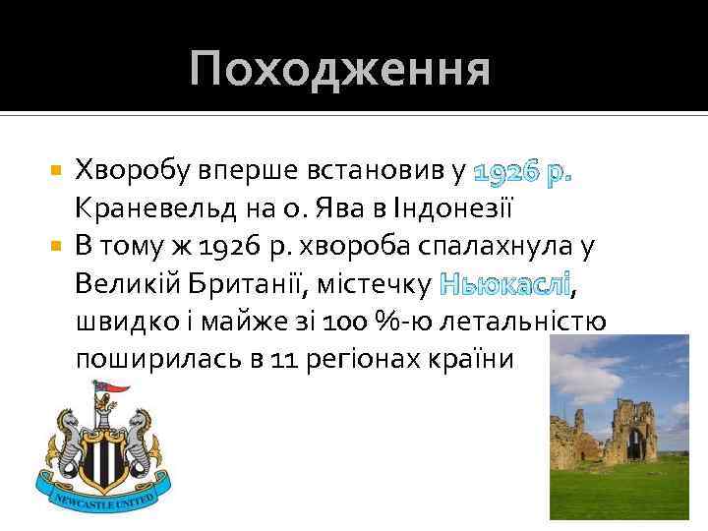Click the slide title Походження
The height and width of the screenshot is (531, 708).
(340, 70)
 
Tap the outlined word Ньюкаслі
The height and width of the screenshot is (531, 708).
(504, 284)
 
